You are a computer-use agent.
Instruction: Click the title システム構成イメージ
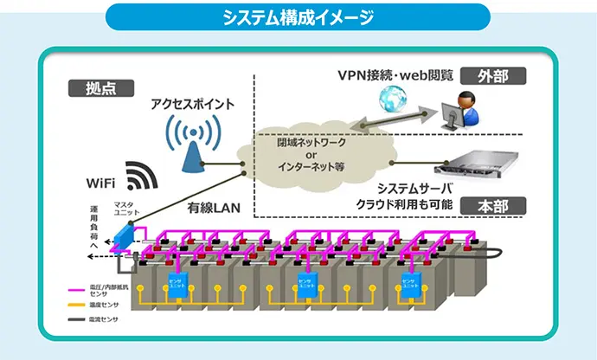(x=298, y=16)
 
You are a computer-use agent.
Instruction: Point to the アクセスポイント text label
(x=192, y=103)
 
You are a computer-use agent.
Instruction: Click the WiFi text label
(x=103, y=183)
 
